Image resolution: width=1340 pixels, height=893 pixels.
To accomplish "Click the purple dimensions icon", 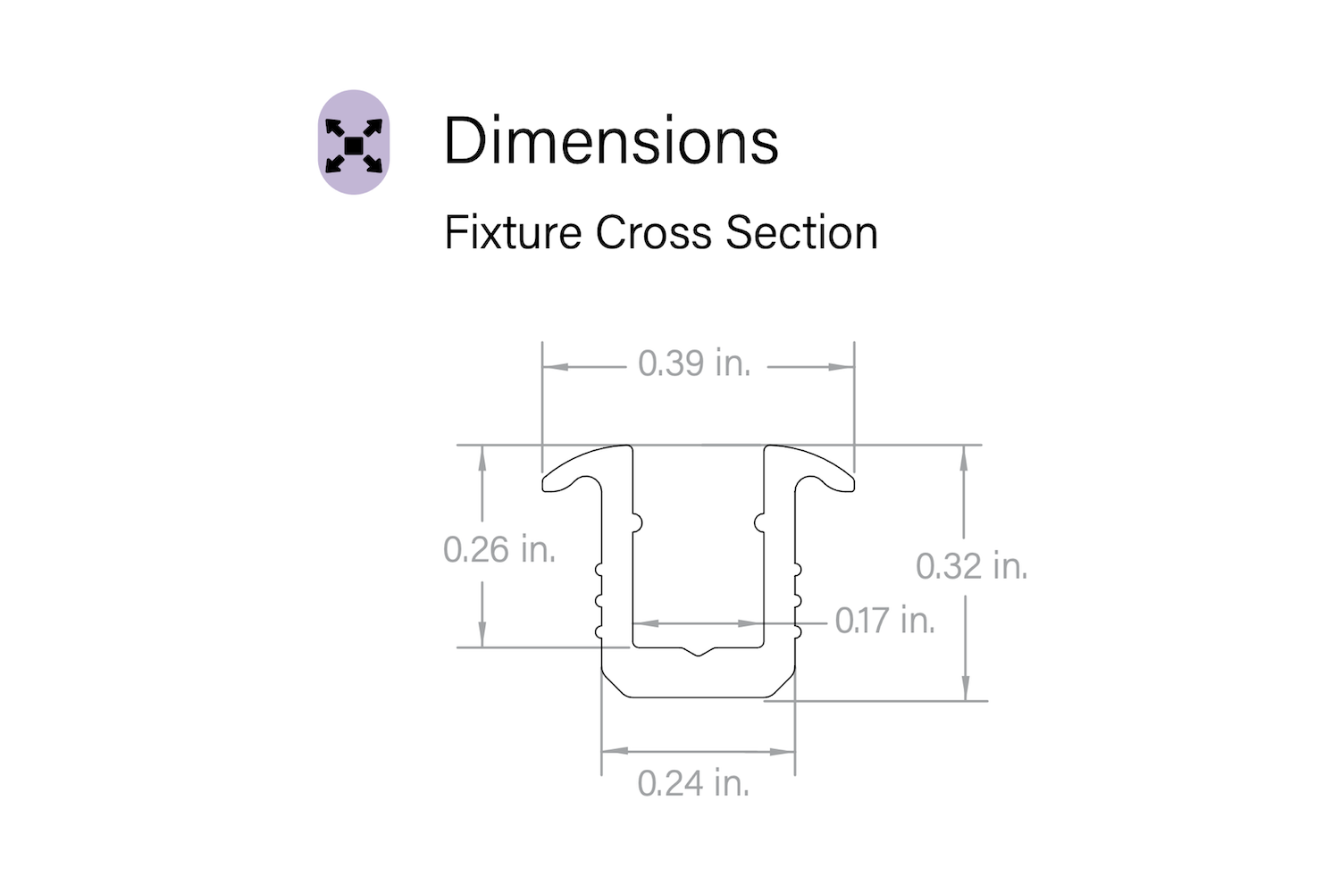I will pos(354,143).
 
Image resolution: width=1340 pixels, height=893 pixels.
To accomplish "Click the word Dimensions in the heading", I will pos(611,142).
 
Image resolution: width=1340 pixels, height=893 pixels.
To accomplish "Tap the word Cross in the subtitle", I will pos(654,233).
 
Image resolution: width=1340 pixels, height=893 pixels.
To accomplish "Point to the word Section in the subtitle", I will pos(801,233).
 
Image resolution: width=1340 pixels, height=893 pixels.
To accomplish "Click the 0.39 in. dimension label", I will pos(694,364).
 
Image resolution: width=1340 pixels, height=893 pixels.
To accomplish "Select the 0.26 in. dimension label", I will pos(499,549).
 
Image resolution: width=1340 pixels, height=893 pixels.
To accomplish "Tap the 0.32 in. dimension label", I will pos(971,566).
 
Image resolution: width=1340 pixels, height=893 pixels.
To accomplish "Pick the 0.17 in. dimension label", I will pos(884,621).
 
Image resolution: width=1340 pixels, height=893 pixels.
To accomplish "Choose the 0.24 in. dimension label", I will pos(693,784).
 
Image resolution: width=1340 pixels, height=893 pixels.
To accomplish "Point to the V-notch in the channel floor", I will pos(699,652).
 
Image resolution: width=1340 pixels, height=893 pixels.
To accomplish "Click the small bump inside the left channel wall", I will pos(637,521).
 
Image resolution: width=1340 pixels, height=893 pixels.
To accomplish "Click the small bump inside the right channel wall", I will pos(759,521).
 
